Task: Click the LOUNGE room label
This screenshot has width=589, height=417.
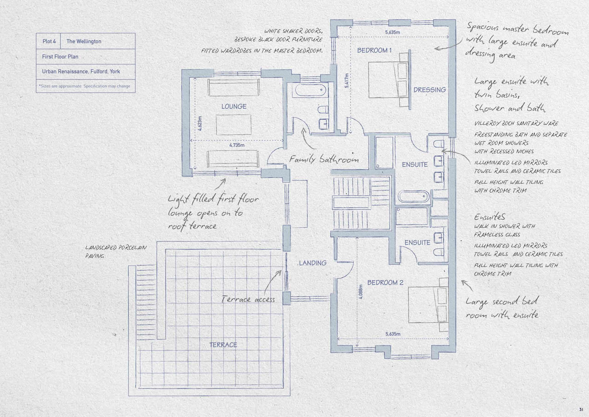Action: coord(234,106)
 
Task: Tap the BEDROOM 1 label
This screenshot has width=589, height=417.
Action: coord(374,50)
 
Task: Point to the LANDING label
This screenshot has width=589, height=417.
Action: coord(312,263)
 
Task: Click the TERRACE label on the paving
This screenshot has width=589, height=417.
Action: coord(223,345)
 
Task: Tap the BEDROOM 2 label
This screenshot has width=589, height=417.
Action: coord(385,283)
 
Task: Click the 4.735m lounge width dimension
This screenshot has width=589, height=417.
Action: coord(237,145)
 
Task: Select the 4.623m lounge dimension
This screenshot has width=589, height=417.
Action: coord(200,123)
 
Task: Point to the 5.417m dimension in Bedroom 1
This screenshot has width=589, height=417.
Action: coord(346,81)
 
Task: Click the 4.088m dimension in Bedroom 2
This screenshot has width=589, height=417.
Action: coord(361,292)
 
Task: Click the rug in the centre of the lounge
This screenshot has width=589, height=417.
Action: coord(234,125)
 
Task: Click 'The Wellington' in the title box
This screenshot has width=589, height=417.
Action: coord(84,41)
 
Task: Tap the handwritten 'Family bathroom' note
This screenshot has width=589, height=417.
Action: coord(324,159)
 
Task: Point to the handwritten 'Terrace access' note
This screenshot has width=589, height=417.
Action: coord(248,299)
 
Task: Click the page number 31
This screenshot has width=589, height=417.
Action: coord(581,409)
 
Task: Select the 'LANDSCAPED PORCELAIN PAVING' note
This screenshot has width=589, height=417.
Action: coord(116,252)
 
